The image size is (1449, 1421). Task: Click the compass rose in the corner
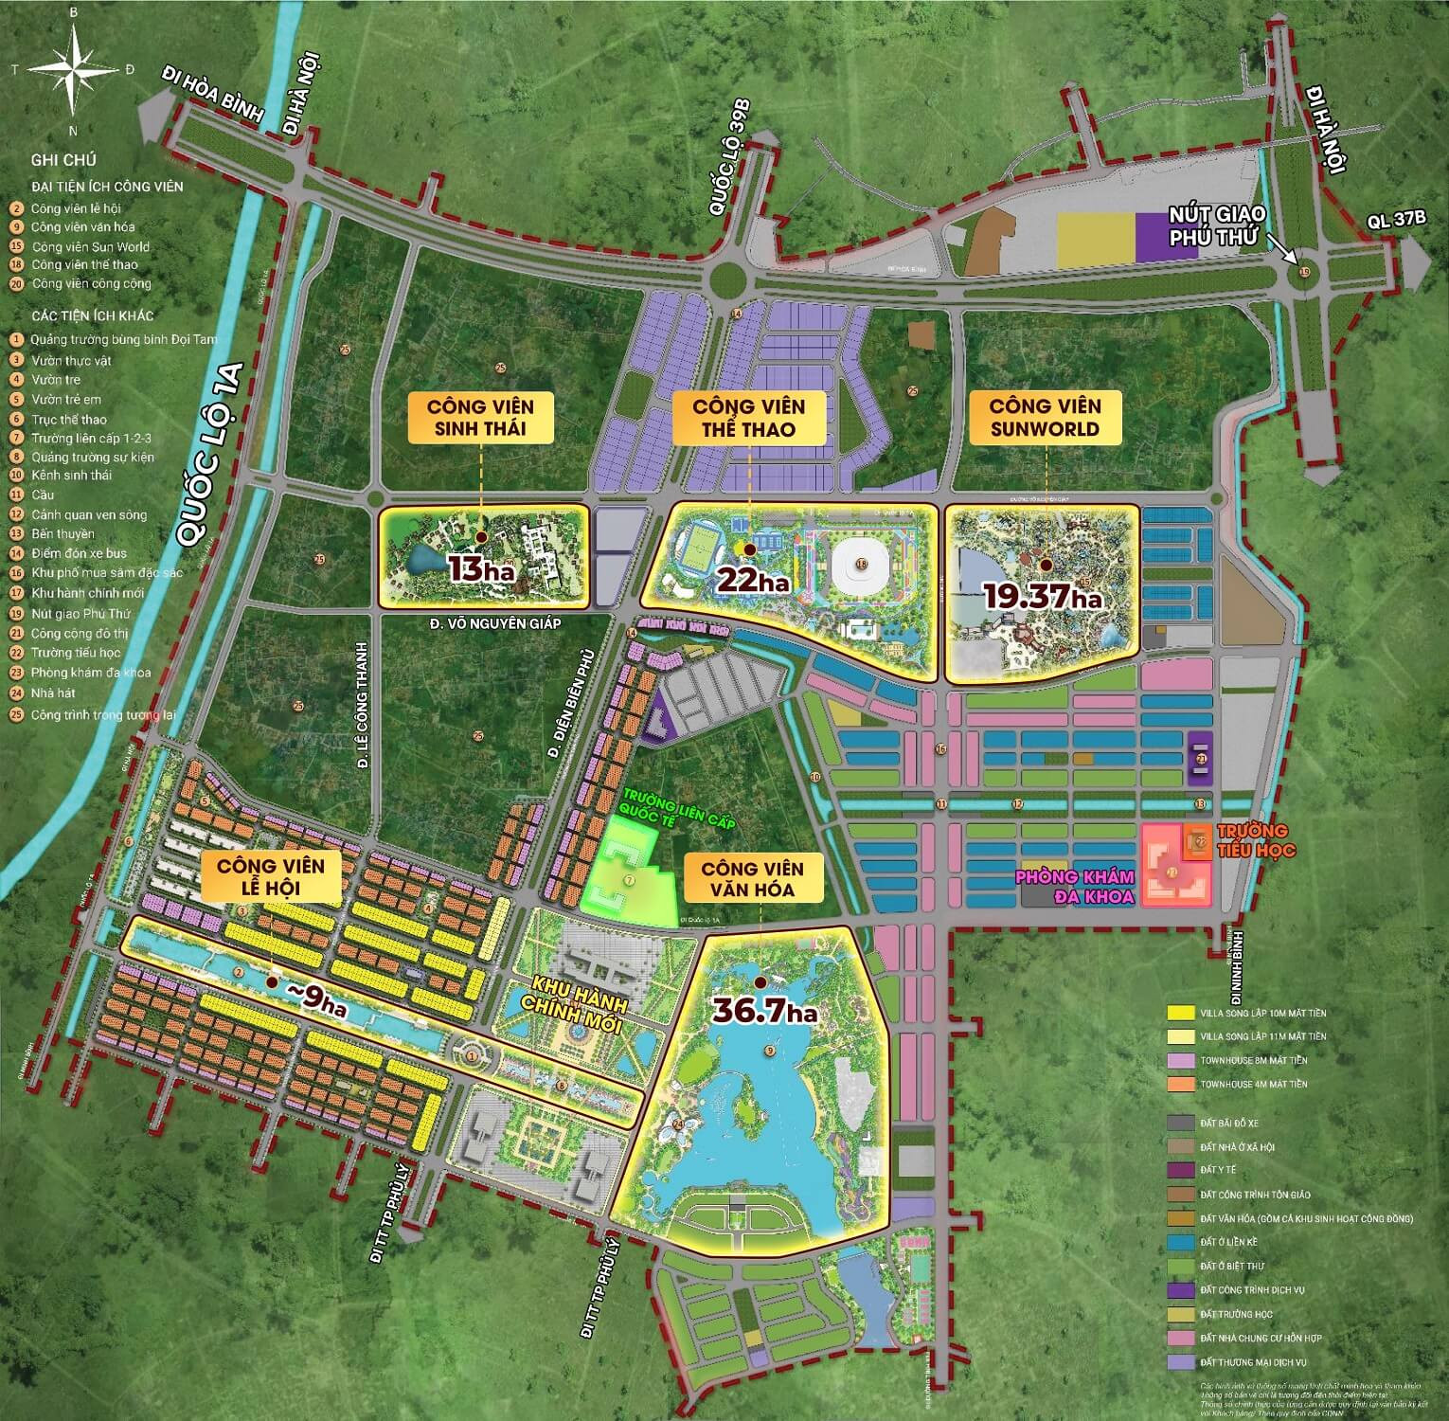[74, 68]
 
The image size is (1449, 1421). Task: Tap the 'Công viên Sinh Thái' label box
[480, 418]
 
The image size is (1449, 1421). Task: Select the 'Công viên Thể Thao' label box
[748, 418]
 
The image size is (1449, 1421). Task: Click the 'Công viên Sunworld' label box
[1045, 418]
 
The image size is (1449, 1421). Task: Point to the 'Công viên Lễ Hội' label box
[270, 877]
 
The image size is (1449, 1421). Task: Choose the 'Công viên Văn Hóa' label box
[754, 879]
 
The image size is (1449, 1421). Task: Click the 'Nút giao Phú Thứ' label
[1218, 225]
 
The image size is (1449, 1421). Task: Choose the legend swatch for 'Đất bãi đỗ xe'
[1180, 1123]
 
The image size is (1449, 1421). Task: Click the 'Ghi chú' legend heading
[63, 160]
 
